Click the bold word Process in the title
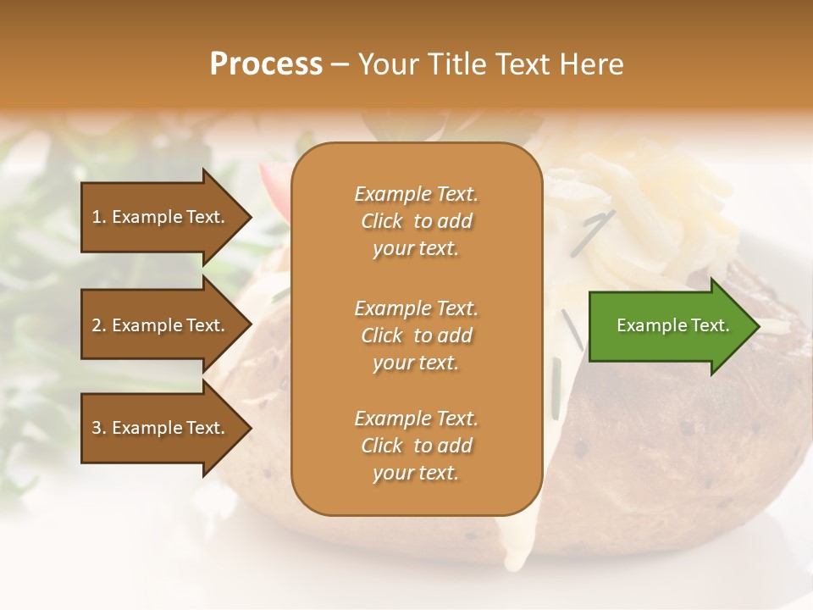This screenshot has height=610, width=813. pyautogui.click(x=266, y=64)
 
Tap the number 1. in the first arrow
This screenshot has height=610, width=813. pyautogui.click(x=99, y=217)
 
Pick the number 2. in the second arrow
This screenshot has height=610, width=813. pyautogui.click(x=99, y=325)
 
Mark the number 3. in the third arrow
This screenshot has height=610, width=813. pyautogui.click(x=99, y=428)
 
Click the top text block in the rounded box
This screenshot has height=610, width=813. pyautogui.click(x=416, y=221)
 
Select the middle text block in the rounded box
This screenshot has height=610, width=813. pyautogui.click(x=416, y=335)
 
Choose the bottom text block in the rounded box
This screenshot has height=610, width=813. pyautogui.click(x=416, y=446)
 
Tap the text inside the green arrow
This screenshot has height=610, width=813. pyautogui.click(x=672, y=325)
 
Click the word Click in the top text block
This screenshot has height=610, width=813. pyautogui.click(x=382, y=221)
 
